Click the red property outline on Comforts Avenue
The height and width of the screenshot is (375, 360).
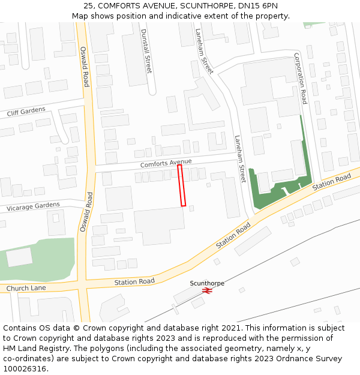coord(181,185)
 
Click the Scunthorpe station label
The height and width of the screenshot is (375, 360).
coord(207,283)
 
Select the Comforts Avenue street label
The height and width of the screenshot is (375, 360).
coord(166,163)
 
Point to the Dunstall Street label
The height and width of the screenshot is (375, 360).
coord(145,51)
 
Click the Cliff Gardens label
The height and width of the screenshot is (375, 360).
coord(26,111)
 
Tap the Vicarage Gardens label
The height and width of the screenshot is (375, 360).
coord(33,206)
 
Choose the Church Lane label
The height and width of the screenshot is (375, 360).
coord(26,288)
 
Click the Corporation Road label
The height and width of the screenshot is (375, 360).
coord(301,78)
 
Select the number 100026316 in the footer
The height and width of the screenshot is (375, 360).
coord(25,369)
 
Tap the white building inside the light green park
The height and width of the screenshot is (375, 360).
coord(19,257)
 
